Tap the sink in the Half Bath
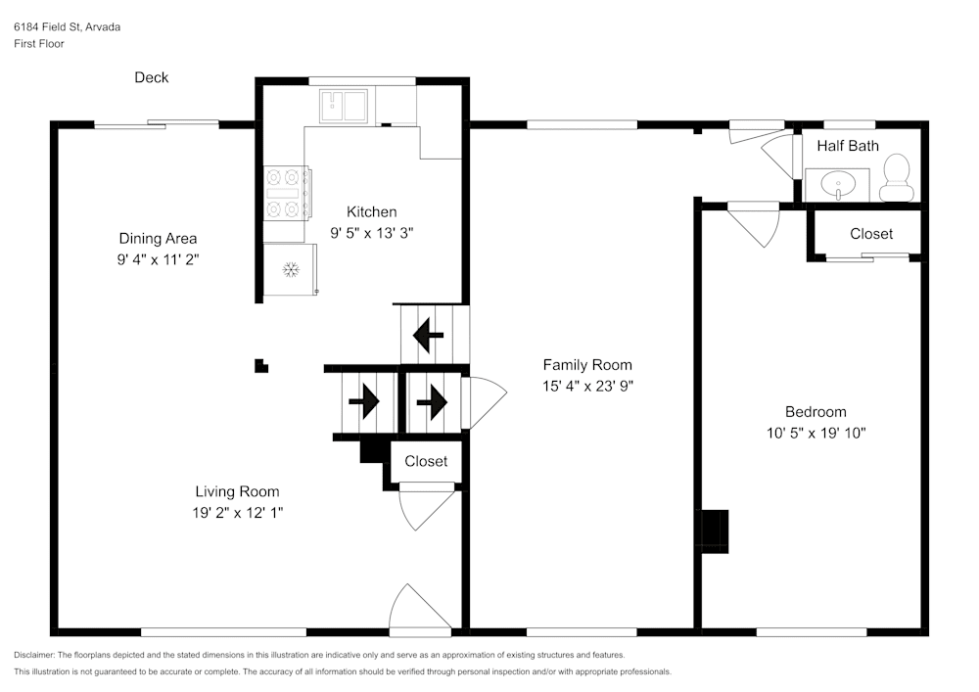837,183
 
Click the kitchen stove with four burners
287,193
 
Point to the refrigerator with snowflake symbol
290,269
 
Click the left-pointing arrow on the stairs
427,336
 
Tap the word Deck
152,77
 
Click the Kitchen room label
372,211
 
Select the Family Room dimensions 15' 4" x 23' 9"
587,386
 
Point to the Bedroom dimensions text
816,433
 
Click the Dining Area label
158,238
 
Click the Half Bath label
848,146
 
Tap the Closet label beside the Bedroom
870,234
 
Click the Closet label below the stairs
426,461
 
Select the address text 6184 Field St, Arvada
68,27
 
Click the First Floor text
39,44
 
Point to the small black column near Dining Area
260,366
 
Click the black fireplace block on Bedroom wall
715,531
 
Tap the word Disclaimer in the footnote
34,655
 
